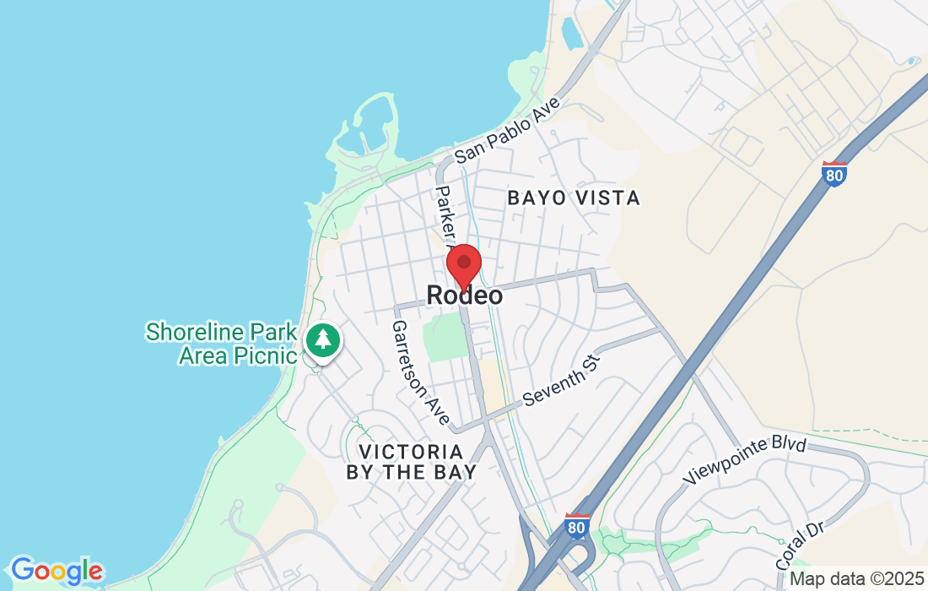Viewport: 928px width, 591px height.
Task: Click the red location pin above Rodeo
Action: pyautogui.click(x=464, y=264)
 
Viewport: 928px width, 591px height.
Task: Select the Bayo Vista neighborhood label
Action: pyautogui.click(x=574, y=198)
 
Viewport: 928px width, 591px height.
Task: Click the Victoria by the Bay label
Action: pyautogui.click(x=412, y=462)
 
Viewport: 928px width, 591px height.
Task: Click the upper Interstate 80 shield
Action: pyautogui.click(x=834, y=174)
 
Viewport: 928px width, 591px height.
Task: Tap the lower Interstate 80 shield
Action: pyautogui.click(x=576, y=526)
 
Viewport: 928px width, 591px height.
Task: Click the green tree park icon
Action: pyautogui.click(x=322, y=340)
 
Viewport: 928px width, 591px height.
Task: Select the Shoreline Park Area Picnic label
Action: pyautogui.click(x=221, y=343)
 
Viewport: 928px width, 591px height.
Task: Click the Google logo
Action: pyautogui.click(x=57, y=571)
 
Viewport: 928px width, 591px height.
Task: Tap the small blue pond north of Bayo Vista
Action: pyautogui.click(x=571, y=32)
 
